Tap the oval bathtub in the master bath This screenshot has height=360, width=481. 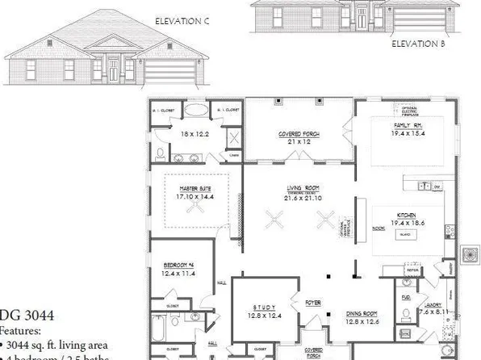tap(195, 111)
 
